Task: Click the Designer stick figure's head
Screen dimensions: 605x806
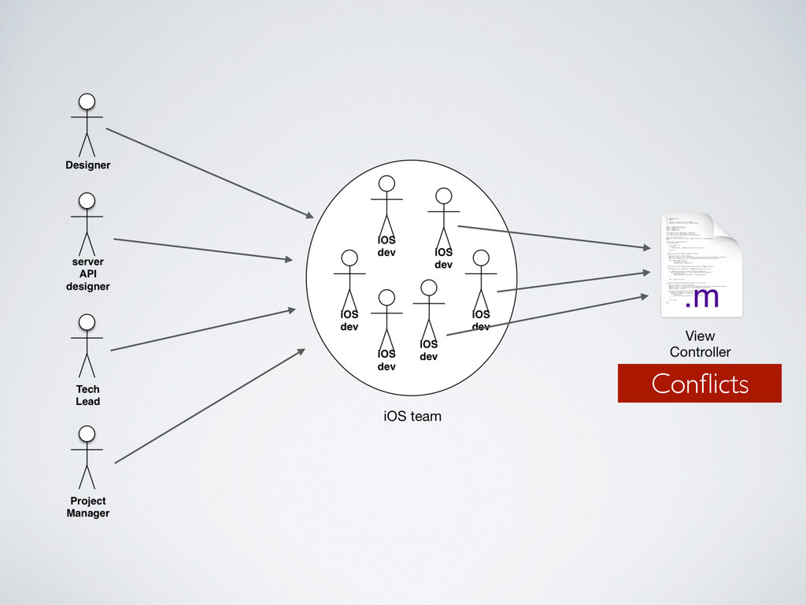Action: click(87, 102)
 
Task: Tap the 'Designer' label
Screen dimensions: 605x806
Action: click(87, 165)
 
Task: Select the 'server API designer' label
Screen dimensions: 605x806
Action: click(87, 273)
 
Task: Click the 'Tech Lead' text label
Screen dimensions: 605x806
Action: click(87, 395)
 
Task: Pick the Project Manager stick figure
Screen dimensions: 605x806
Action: click(87, 457)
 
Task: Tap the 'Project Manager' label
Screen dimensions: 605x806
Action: click(87, 507)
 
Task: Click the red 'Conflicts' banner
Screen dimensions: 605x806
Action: click(699, 384)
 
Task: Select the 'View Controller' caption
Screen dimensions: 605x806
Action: click(700, 344)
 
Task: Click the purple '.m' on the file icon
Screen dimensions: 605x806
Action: click(701, 299)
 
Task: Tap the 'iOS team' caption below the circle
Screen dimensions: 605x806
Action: click(412, 416)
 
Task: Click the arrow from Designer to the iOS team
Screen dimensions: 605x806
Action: click(209, 173)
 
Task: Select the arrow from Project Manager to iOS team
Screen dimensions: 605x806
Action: click(209, 406)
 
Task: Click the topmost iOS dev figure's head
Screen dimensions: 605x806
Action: click(386, 184)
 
